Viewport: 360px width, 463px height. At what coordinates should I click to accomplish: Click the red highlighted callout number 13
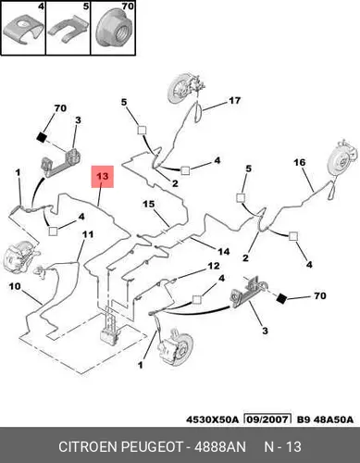click(103, 177)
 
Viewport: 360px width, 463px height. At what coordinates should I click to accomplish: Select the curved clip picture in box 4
click(23, 30)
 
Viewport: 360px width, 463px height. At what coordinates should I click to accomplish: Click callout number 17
click(234, 101)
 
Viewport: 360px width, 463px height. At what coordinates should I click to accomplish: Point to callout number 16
click(300, 162)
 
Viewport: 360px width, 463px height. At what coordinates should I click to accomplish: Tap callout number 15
click(148, 204)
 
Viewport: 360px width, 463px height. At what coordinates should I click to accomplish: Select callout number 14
click(224, 252)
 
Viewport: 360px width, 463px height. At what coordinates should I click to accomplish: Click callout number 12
click(214, 266)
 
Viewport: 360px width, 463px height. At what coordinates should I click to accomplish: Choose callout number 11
click(88, 234)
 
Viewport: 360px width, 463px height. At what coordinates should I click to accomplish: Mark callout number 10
click(15, 286)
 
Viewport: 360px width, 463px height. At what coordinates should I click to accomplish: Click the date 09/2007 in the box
click(267, 419)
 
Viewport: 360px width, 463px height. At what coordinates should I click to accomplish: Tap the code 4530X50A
click(212, 419)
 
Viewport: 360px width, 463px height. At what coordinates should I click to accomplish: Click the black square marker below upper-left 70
click(41, 137)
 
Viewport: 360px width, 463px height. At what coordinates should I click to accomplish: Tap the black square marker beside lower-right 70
click(281, 298)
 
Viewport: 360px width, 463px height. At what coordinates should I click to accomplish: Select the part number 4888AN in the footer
click(219, 446)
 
